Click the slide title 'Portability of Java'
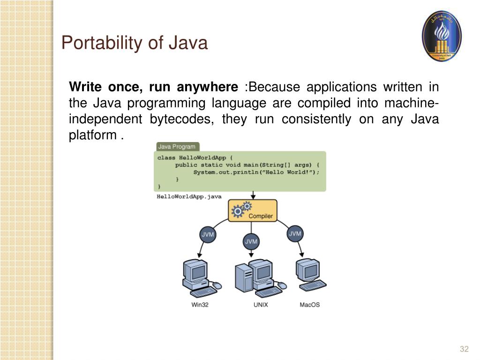click(135, 43)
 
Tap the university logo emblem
click(442, 37)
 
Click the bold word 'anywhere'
click(208, 87)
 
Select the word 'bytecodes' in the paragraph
click(181, 119)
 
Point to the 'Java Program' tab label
click(177, 147)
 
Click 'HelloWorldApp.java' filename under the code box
click(189, 197)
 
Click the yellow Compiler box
click(252, 210)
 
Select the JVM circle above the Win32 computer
click(208, 234)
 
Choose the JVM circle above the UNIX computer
click(251, 241)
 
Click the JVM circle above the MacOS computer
click(295, 233)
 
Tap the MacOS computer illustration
click(310, 276)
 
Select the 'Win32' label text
click(200, 305)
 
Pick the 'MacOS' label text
click(309, 305)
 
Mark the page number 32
click(464, 349)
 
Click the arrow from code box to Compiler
click(253, 195)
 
